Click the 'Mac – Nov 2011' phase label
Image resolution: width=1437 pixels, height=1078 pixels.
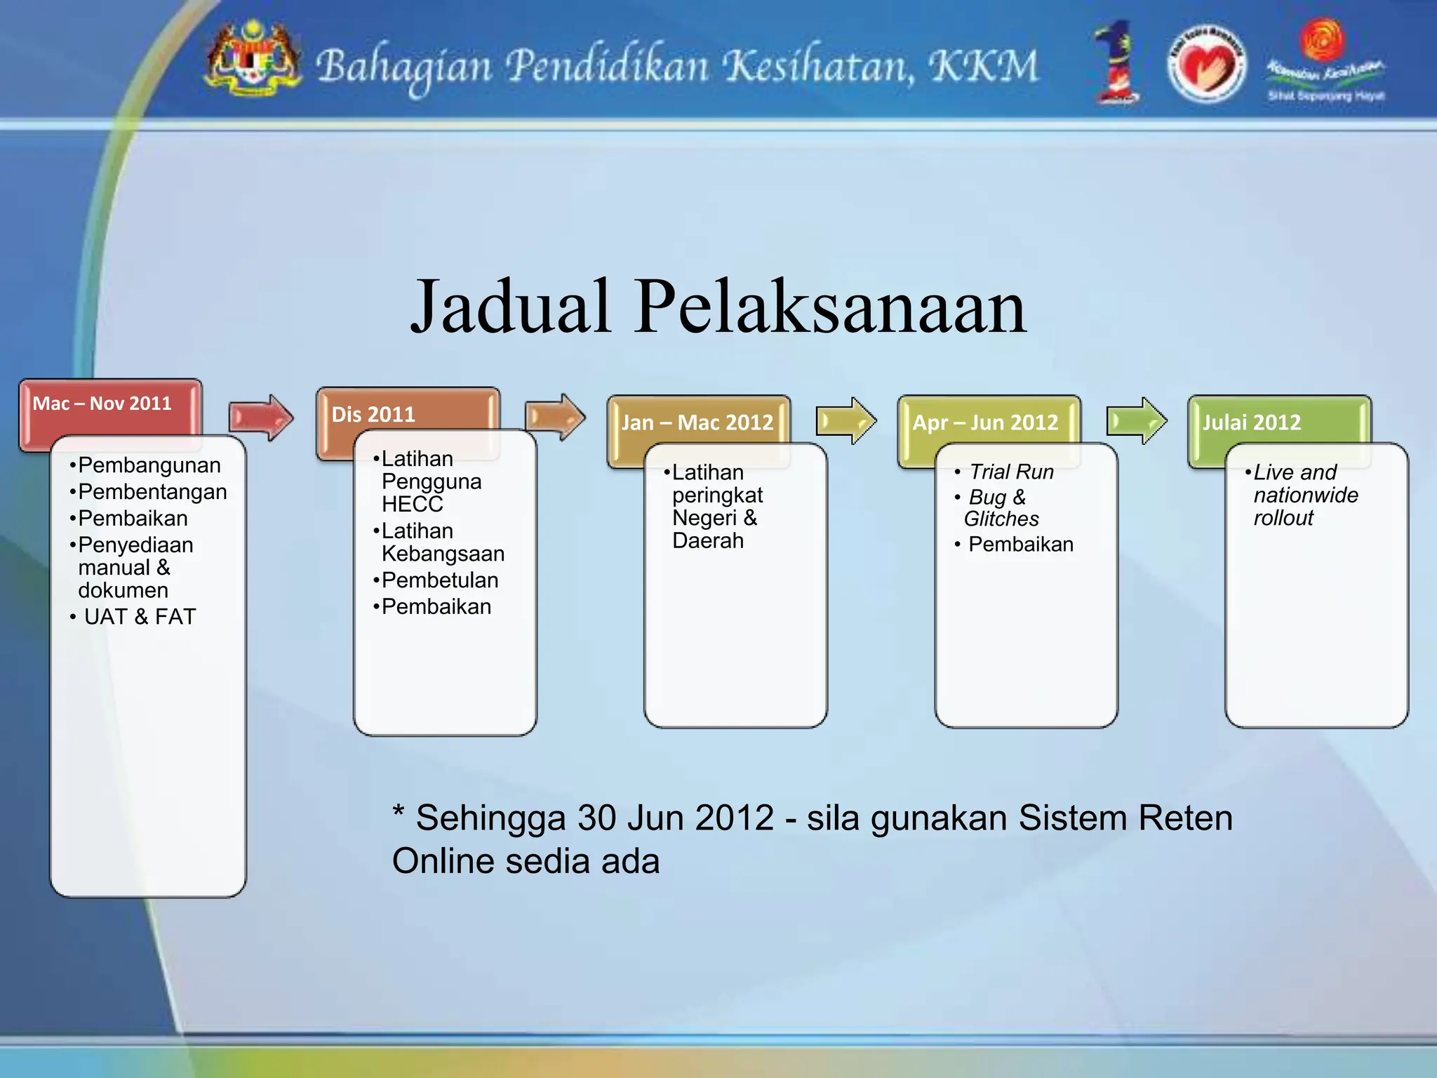102,404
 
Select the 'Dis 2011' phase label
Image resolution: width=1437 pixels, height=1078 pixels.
373,414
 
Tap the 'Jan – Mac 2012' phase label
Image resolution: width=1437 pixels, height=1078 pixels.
697,422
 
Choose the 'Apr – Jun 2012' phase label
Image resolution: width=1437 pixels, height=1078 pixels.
985,422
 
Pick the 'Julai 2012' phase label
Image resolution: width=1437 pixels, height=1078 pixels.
1252,422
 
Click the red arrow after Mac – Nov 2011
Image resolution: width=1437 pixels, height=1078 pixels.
260,418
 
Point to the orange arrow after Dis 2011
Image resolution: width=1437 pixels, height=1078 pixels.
554,418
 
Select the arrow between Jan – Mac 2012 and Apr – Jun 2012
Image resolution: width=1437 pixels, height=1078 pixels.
846,421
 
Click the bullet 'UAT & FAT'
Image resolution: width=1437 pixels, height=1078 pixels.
140,617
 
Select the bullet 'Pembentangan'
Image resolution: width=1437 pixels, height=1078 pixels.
152,492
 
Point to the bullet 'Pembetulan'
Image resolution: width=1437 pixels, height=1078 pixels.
440,580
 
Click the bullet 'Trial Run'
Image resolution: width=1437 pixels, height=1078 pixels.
1011,472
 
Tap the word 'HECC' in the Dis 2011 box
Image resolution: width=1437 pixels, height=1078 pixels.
413,505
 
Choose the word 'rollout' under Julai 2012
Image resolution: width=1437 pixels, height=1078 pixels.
1283,519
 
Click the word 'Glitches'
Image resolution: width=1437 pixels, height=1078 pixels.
1001,519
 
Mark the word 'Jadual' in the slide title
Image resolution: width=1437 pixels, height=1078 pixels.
510,307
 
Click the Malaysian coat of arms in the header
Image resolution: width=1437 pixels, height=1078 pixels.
252,61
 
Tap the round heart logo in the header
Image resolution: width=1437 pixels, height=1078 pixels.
1206,65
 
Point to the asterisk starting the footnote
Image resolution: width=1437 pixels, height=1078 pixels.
399,813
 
